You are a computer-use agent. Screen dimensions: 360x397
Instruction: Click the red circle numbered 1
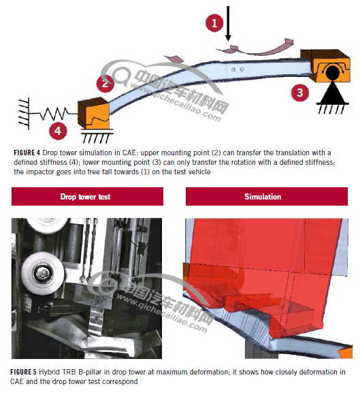(214, 23)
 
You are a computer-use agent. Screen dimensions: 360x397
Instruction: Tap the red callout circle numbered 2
(105, 83)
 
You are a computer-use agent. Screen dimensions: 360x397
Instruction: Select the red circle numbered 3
(300, 93)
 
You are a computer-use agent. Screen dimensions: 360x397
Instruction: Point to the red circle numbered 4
(58, 131)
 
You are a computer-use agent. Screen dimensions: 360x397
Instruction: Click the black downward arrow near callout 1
(228, 23)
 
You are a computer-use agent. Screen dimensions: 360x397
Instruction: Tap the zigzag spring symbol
(54, 114)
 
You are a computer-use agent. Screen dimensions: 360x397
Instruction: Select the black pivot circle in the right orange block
(332, 72)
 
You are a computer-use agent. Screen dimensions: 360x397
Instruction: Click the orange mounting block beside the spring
(93, 113)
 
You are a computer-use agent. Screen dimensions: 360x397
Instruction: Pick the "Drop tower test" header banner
(87, 197)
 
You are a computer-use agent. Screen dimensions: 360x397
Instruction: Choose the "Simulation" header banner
(267, 197)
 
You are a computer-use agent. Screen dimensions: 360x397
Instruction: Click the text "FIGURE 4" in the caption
(27, 153)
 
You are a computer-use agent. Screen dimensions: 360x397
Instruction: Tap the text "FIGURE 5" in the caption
(24, 372)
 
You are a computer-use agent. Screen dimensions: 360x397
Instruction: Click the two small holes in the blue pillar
(238, 69)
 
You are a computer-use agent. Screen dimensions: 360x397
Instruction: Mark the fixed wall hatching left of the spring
(24, 114)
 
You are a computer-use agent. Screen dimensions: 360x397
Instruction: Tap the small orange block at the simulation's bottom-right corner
(346, 353)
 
